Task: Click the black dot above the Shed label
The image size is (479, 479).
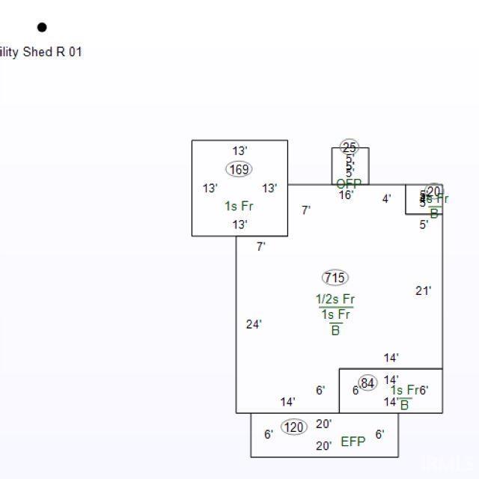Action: coord(42,28)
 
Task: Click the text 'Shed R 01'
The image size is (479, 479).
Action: coord(52,52)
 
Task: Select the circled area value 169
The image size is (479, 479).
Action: coord(239,169)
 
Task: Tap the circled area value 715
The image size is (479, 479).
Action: coord(335,278)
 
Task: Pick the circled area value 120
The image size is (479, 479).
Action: coord(294,427)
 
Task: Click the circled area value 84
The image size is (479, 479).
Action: coord(367,383)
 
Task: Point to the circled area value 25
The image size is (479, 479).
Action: coord(350,147)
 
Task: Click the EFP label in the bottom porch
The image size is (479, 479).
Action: coord(353,442)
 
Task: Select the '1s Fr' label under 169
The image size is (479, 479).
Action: coord(239,206)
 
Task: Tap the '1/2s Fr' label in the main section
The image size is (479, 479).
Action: coord(335,299)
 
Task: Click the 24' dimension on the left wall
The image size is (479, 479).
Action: coord(254,324)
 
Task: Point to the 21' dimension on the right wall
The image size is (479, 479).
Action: coord(424,290)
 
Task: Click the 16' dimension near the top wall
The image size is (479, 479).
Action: coord(346,195)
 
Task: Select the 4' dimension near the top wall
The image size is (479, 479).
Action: coord(386,198)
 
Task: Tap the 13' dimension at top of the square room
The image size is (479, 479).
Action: coord(239,150)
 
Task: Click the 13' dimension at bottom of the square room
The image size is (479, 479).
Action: coord(239,225)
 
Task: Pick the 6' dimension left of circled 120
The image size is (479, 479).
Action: coord(269,434)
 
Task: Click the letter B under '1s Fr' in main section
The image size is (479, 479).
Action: coord(335,330)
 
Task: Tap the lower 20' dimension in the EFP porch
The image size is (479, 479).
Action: coord(324,446)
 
